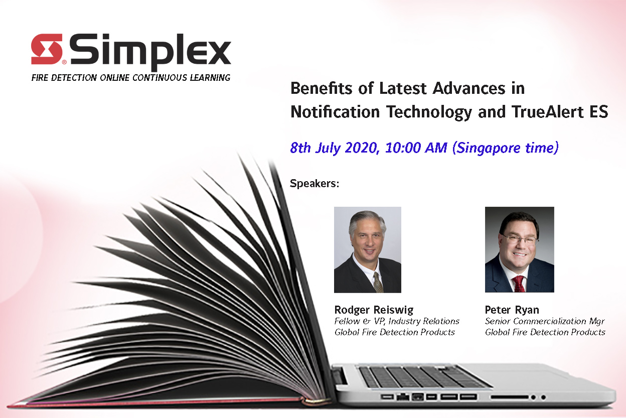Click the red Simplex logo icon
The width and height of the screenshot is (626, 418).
[47, 49]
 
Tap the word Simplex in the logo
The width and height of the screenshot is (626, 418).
[150, 53]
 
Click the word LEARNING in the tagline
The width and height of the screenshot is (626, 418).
[210, 77]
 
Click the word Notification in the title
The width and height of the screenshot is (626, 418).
[335, 111]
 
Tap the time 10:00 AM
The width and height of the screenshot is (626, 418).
[416, 148]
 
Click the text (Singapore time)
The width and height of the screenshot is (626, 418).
[506, 148]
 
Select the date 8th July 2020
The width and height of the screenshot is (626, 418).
[335, 148]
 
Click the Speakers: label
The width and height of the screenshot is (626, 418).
[315, 184]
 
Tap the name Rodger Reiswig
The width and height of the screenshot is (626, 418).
[374, 310]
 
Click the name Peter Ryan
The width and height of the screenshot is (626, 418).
[512, 310]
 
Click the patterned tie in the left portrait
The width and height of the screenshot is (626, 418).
[378, 283]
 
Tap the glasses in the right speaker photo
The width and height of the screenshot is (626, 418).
[520, 239]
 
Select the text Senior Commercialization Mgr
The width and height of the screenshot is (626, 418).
[545, 321]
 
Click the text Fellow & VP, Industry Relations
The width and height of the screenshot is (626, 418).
[397, 321]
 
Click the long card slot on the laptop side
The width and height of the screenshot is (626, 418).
[510, 397]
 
